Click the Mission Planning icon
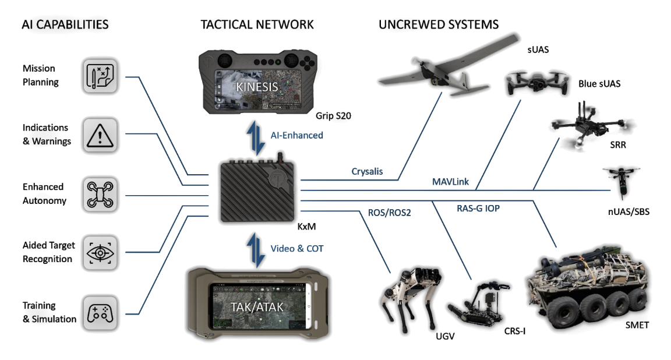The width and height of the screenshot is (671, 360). pyautogui.click(x=102, y=75)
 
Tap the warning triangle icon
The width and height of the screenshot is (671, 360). pyautogui.click(x=102, y=135)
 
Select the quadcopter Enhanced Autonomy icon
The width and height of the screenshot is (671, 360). pyautogui.click(x=102, y=194)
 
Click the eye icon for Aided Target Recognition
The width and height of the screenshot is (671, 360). pyautogui.click(x=102, y=253)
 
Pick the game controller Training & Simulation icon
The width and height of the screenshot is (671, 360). pyautogui.click(x=102, y=312)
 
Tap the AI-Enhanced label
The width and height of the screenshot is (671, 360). pyautogui.click(x=296, y=135)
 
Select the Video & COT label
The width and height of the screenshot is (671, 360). pyautogui.click(x=297, y=248)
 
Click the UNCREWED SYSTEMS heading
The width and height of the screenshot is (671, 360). pyautogui.click(x=439, y=24)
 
